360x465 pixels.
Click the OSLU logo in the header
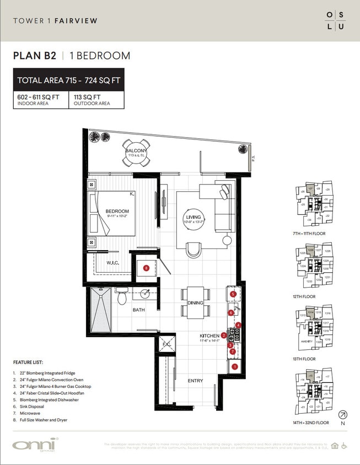[335, 20]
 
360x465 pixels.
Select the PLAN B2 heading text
[35, 56]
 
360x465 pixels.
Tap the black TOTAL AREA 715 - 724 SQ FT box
[68, 80]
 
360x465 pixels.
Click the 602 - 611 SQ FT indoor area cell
[41, 100]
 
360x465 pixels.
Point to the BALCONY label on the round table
[136, 152]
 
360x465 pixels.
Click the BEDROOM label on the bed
[117, 212]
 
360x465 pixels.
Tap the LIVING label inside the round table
[194, 218]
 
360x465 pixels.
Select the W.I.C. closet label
[114, 263]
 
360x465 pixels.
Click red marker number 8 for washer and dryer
[146, 268]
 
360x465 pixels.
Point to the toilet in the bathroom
[122, 298]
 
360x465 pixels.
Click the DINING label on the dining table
[195, 303]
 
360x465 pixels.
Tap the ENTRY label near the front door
[195, 381]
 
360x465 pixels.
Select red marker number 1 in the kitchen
[235, 366]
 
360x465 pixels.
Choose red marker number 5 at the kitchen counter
[233, 295]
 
